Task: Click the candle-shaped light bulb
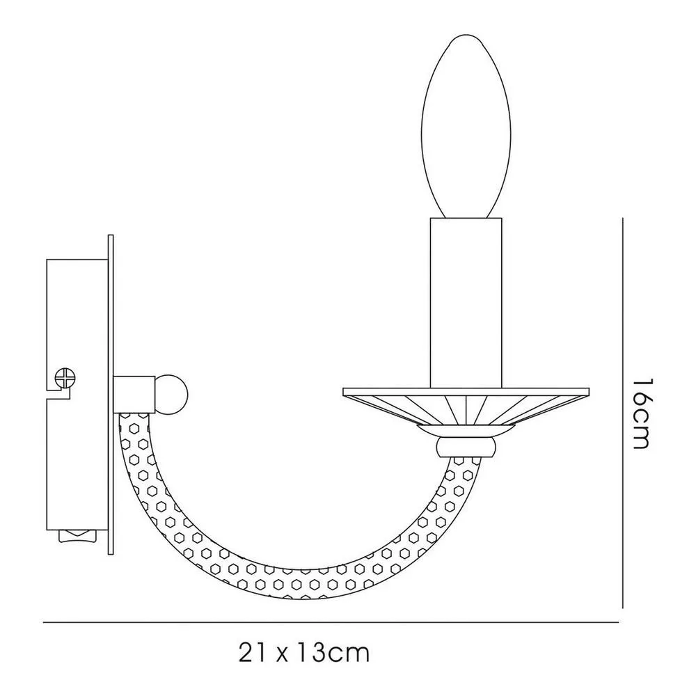(466, 127)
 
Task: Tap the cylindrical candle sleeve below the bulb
(466, 303)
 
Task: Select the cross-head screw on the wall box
(65, 379)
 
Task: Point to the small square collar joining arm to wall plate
(134, 394)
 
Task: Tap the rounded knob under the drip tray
(466, 447)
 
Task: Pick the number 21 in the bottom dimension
(253, 653)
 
